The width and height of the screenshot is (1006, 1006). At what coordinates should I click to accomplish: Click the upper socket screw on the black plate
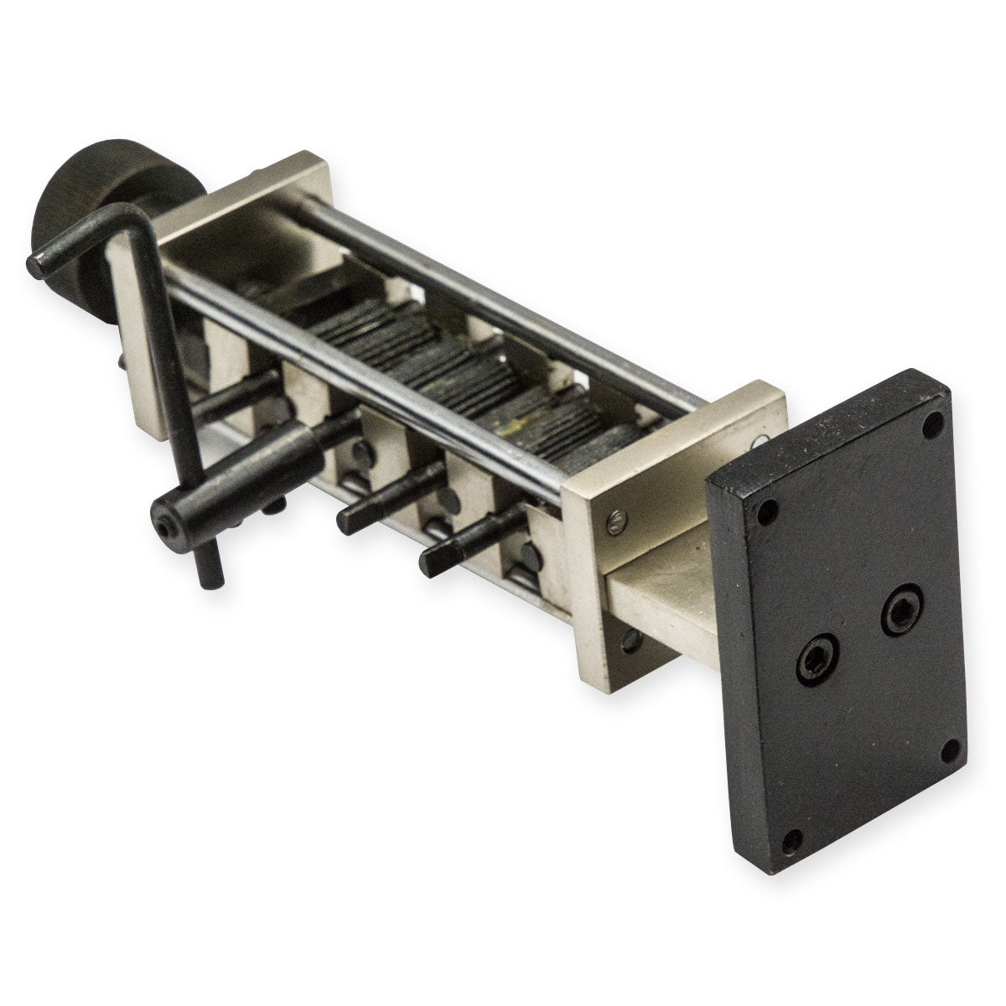click(902, 609)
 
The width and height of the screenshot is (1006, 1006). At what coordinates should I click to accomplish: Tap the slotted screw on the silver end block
click(615, 524)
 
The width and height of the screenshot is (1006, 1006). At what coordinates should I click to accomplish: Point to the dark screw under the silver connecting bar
click(631, 641)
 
